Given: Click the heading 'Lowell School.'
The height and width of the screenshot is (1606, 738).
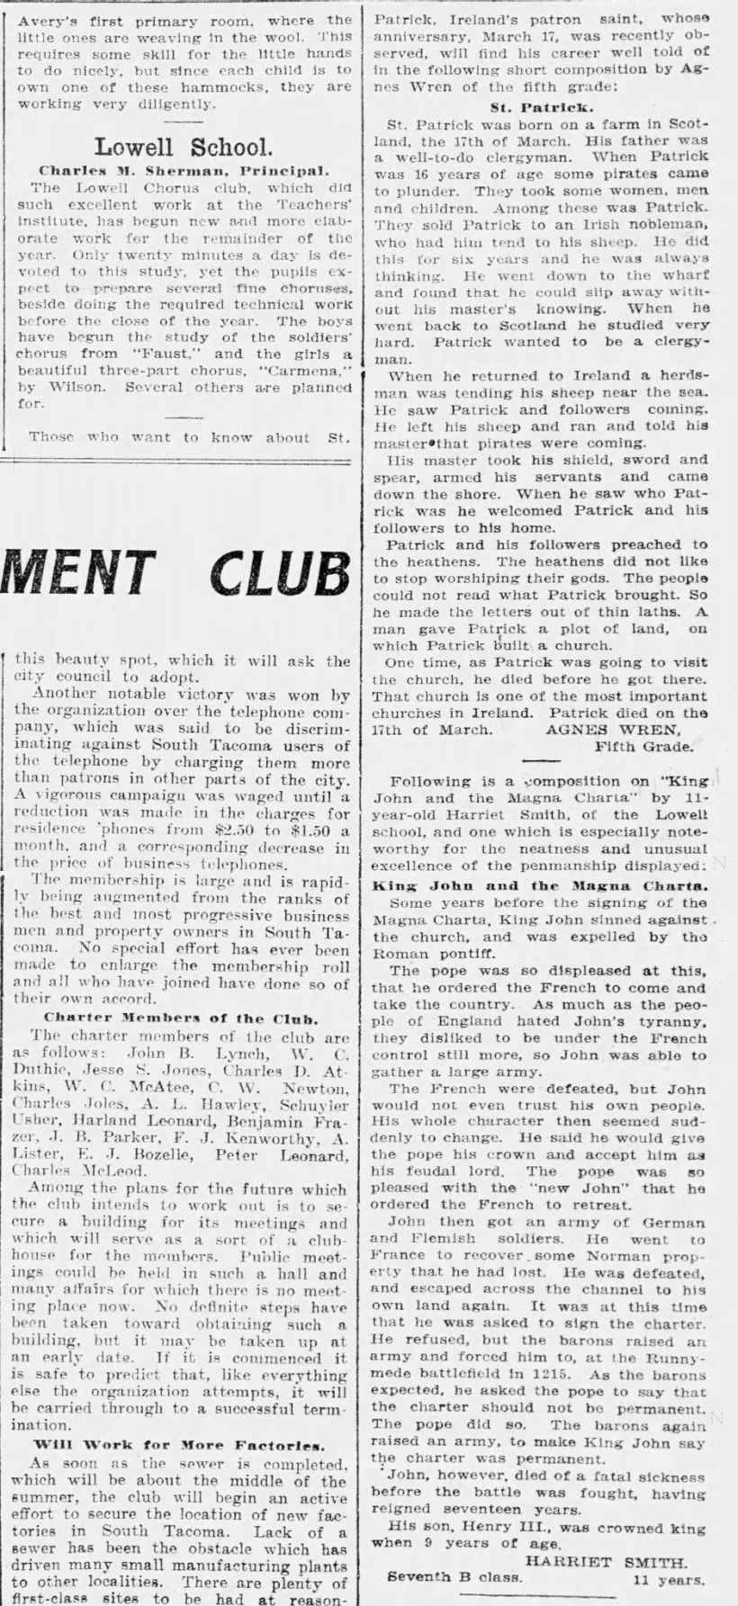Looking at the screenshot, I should point(183,147).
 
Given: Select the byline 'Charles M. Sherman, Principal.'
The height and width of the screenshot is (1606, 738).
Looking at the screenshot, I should point(184,170).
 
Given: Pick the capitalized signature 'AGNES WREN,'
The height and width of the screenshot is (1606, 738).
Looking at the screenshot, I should point(613,730).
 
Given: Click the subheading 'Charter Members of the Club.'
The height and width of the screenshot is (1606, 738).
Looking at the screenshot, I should point(180,1019).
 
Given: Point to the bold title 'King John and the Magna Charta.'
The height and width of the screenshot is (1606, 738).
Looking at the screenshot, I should point(540,885).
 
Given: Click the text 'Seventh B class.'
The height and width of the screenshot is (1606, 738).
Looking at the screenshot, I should point(454,1577).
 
